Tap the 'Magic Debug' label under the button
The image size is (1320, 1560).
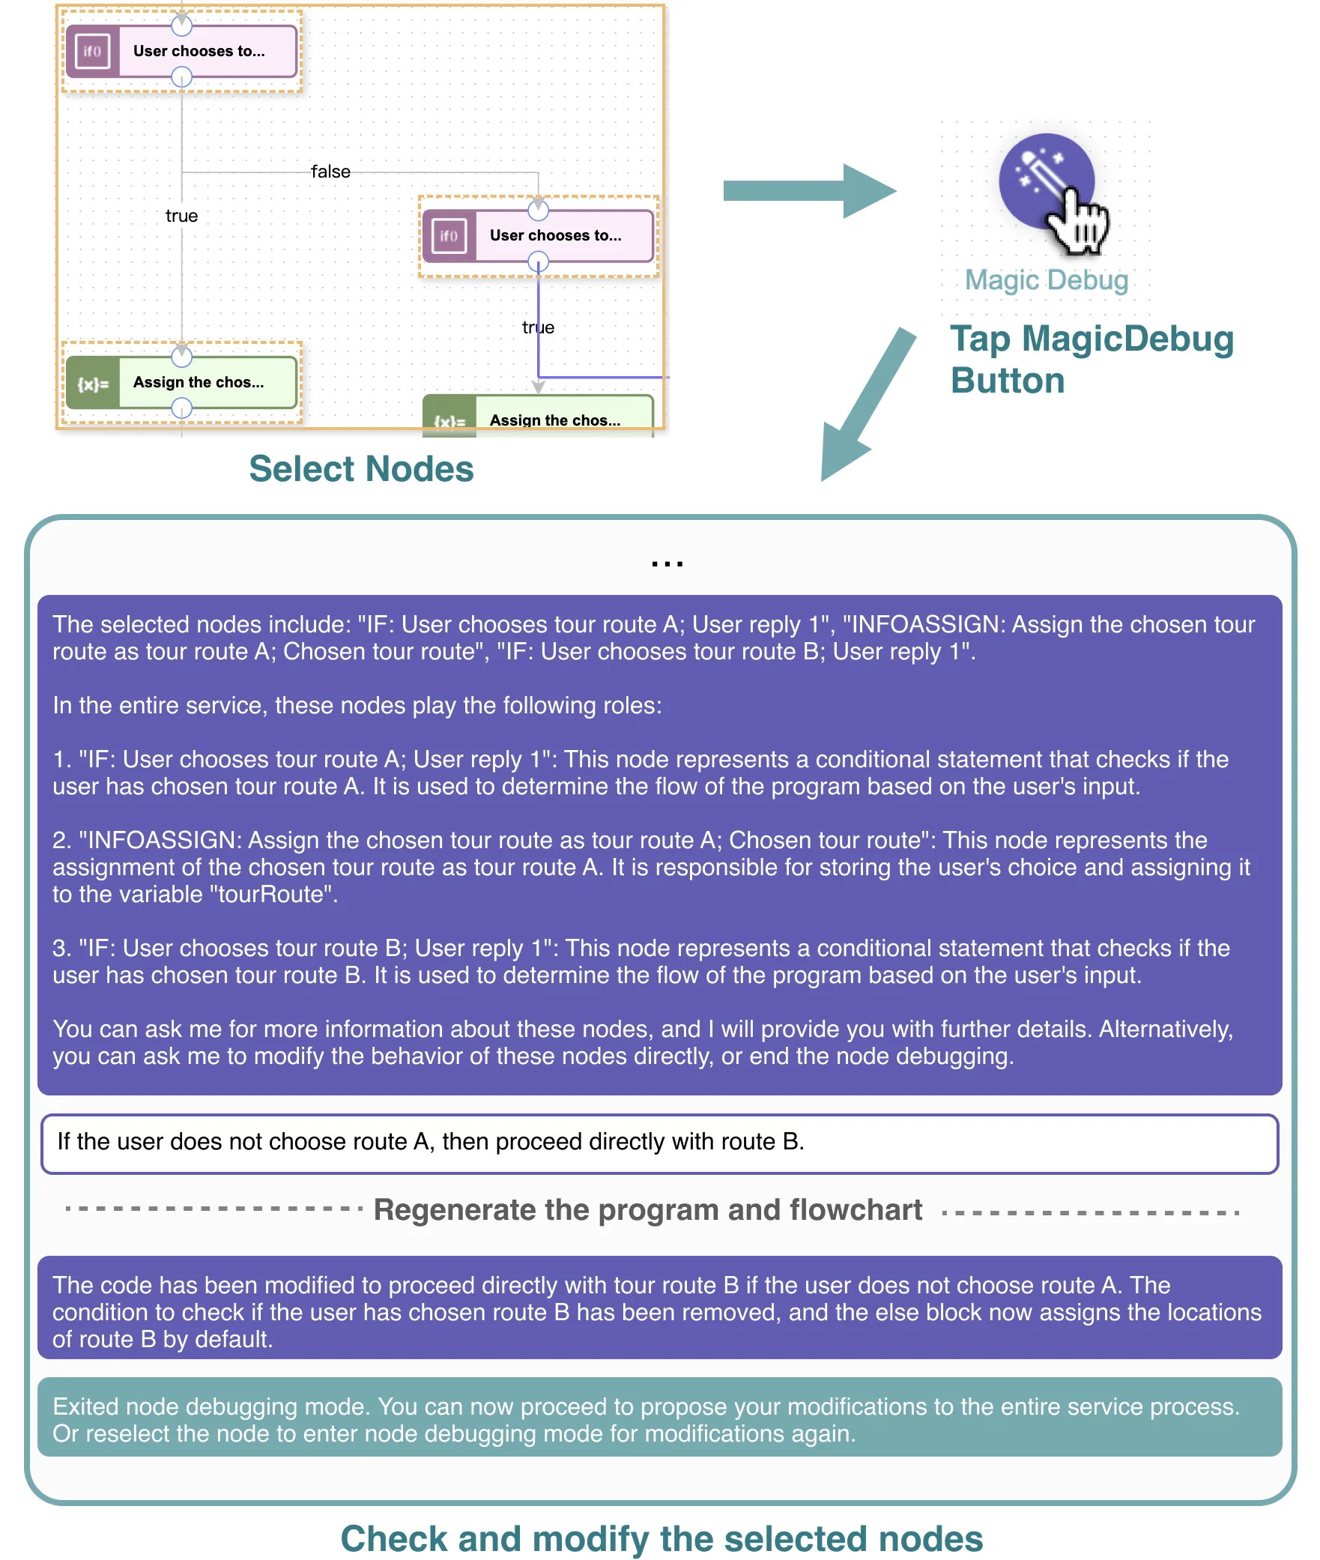click(x=1046, y=280)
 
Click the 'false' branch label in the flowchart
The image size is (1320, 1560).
click(x=330, y=172)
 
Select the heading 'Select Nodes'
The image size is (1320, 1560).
click(x=361, y=469)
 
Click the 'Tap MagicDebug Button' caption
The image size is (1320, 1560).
click(x=1091, y=360)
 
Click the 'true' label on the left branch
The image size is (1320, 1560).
click(x=181, y=216)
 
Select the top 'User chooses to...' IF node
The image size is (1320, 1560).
click(x=182, y=51)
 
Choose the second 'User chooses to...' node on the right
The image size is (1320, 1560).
click(x=539, y=236)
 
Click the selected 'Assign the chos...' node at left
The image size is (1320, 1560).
click(x=182, y=382)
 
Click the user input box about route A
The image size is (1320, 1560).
click(x=659, y=1143)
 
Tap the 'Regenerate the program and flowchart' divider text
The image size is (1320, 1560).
click(x=648, y=1210)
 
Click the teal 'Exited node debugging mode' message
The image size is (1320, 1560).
click(x=659, y=1419)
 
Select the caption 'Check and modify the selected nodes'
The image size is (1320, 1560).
click(x=661, y=1539)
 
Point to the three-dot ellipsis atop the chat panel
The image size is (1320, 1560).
click(x=667, y=563)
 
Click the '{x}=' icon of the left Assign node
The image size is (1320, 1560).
click(x=93, y=384)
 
